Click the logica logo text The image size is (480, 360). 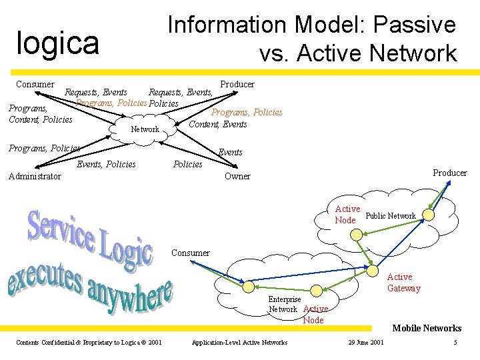tap(58, 43)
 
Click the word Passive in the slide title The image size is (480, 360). tap(415, 25)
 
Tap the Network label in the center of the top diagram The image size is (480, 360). tap(145, 129)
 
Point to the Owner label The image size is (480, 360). tap(237, 177)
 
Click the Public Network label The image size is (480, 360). tap(391, 216)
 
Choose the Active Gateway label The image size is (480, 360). tap(403, 283)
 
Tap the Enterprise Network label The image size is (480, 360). tap(283, 305)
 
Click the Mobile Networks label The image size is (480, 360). tap(427, 328)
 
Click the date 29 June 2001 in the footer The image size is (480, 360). tap(366, 343)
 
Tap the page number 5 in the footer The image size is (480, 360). tap(455, 343)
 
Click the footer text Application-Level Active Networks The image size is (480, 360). tap(239, 343)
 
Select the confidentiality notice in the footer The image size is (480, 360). tap(89, 343)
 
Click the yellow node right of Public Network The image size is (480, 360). tap(429, 216)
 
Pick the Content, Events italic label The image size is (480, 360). tap(218, 124)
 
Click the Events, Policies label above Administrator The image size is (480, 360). tap(107, 165)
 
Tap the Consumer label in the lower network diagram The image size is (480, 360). tap(190, 253)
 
